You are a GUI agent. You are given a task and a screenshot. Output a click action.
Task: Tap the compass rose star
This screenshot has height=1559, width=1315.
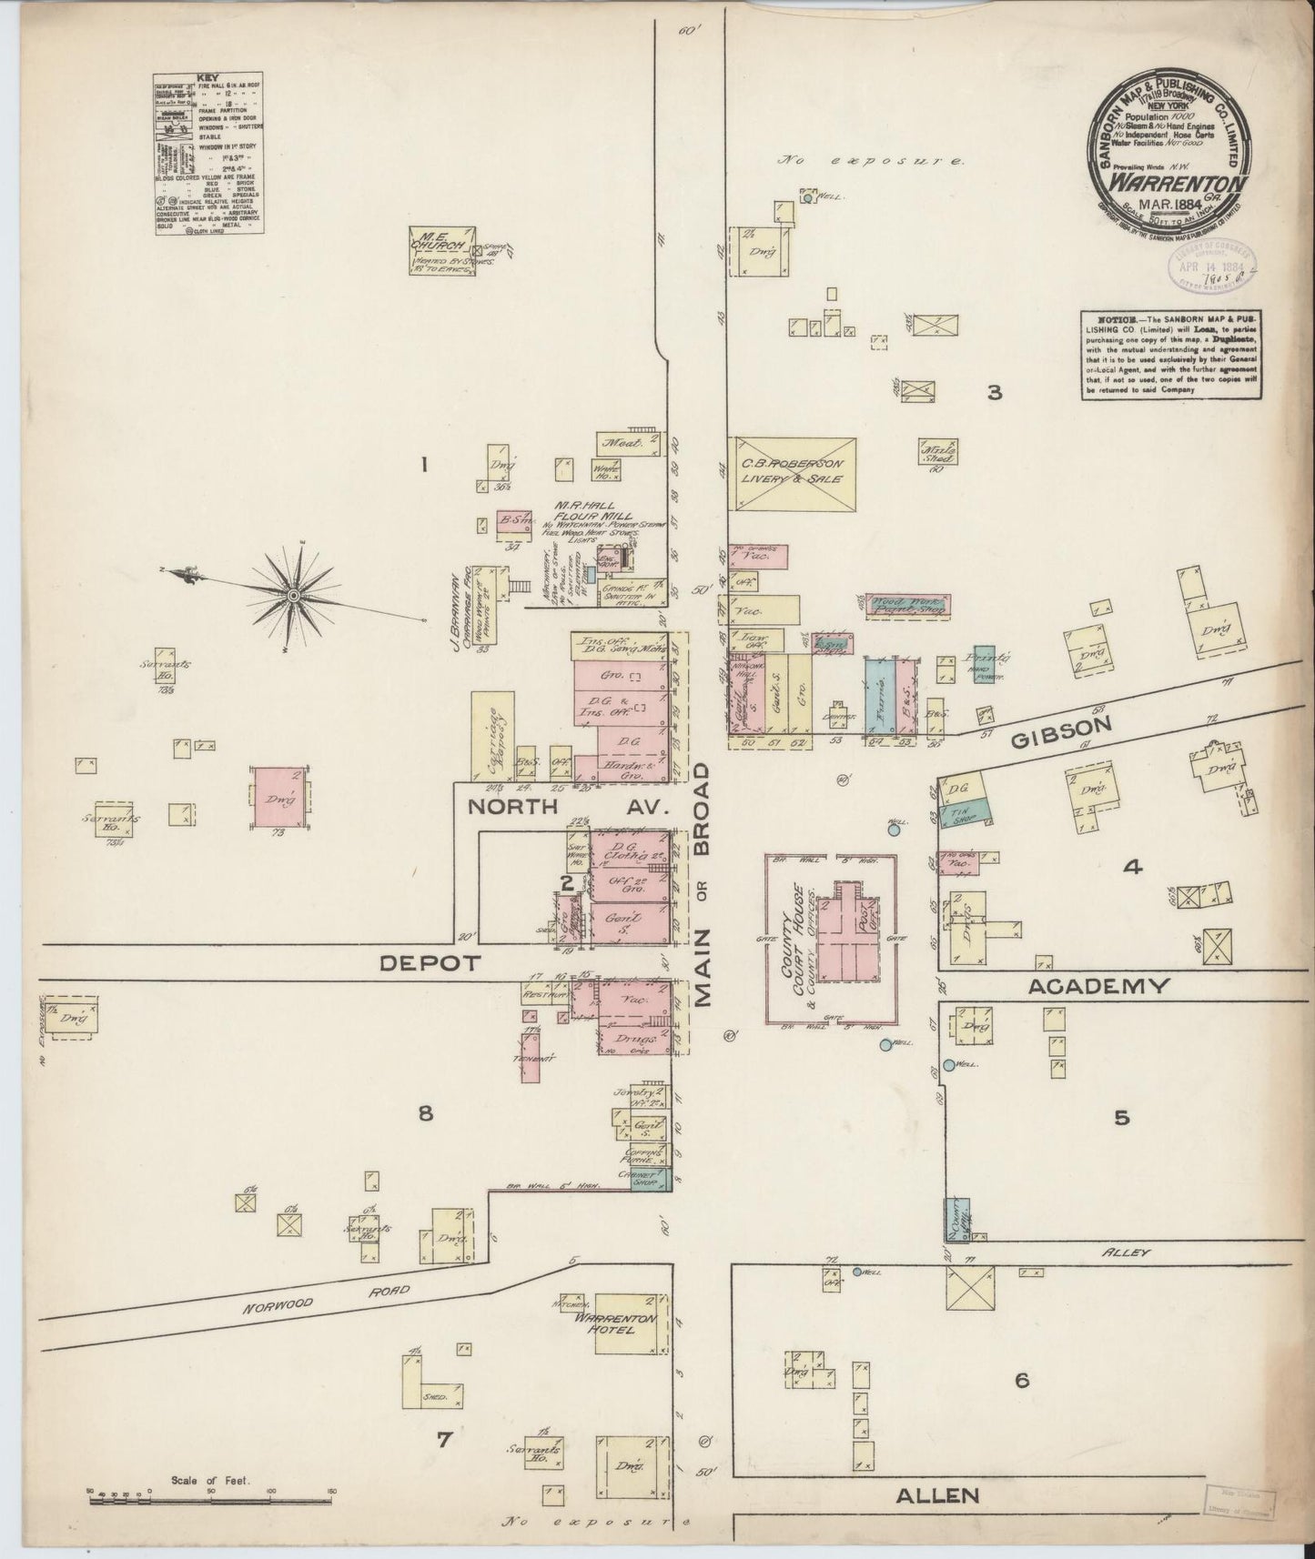[293, 595]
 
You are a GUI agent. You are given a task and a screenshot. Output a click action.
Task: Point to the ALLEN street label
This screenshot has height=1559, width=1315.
[937, 1494]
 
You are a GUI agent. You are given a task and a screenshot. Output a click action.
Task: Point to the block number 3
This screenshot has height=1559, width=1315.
[995, 393]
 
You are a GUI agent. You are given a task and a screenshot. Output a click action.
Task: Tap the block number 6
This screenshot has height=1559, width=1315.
[1021, 1406]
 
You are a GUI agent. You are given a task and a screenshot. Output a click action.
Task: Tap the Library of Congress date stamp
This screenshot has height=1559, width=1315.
[1209, 268]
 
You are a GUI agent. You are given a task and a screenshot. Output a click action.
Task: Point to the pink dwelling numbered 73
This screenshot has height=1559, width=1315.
[278, 797]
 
